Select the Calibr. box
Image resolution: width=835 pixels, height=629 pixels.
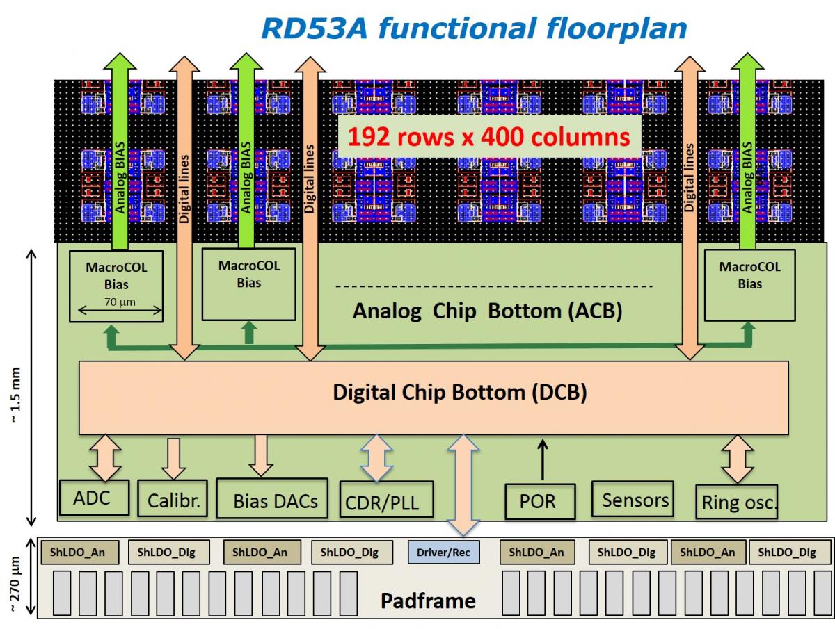(173, 499)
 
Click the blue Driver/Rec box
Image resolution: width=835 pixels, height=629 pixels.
(443, 553)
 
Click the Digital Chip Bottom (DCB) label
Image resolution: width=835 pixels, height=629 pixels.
(459, 393)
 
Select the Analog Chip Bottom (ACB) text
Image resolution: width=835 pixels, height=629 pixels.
(487, 311)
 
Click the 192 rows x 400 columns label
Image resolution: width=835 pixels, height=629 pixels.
(489, 137)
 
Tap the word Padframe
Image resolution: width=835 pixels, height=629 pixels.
(427, 601)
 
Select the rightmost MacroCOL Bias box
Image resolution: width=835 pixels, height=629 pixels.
(749, 286)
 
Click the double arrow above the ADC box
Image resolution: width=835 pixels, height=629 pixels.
(106, 457)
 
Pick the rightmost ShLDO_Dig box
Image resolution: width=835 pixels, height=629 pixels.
(786, 553)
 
